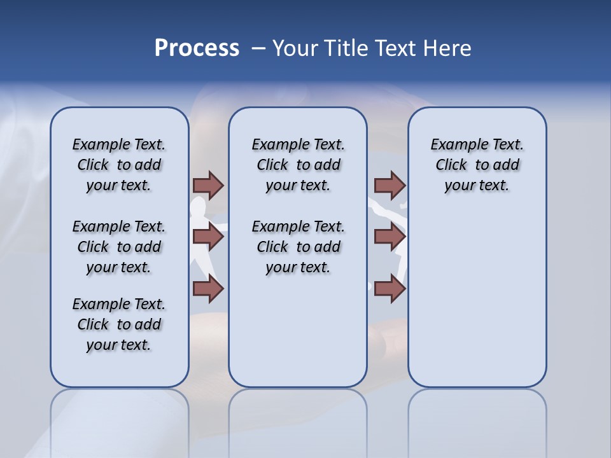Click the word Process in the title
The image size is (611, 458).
point(197,48)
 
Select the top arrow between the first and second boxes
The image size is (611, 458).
point(208,185)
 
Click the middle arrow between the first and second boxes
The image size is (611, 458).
point(208,237)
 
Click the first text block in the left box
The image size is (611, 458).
point(119,165)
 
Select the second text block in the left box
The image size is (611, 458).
point(119,247)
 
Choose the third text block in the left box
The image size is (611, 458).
point(119,324)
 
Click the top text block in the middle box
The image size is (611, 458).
point(298,165)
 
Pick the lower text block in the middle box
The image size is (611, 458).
point(298,247)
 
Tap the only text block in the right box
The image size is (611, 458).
point(477,165)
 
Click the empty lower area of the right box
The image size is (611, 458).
point(477,299)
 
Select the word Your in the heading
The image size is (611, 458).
point(295,48)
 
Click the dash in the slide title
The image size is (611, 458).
point(258,48)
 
